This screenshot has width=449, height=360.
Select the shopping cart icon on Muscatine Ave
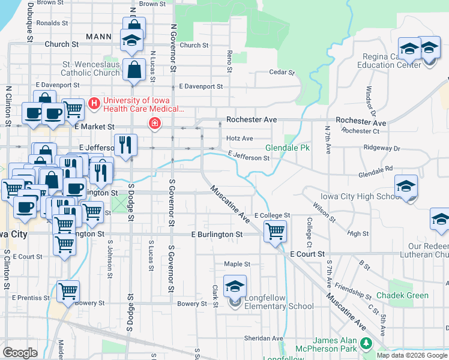tap(275, 230)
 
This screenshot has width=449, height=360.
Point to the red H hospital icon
tap(94, 104)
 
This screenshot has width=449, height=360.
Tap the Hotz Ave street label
tap(239, 139)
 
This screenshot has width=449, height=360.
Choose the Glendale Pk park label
tap(288, 148)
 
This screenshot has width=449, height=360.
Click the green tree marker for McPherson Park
tap(366, 344)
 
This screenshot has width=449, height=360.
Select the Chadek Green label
tap(402, 295)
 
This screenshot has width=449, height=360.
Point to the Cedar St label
tap(282, 73)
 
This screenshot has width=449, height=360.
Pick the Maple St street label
tap(237, 264)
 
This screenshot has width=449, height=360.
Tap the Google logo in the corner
tap(20, 353)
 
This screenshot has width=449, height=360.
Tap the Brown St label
tap(152, 4)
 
